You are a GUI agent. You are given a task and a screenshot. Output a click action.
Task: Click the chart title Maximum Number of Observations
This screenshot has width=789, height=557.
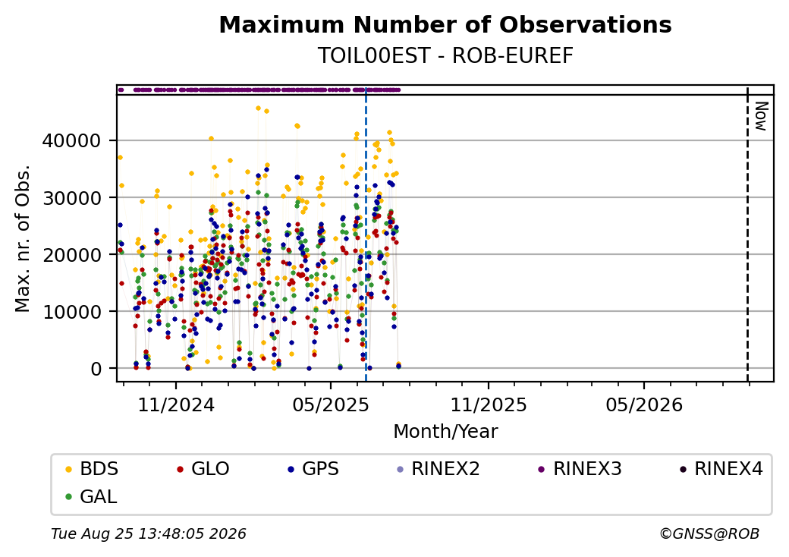pyautogui.click(x=445, y=24)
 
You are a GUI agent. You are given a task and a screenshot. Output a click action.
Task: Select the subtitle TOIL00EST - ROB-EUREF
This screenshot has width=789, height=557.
pyautogui.click(x=445, y=56)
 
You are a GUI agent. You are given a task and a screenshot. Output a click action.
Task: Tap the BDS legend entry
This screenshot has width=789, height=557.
pyautogui.click(x=93, y=469)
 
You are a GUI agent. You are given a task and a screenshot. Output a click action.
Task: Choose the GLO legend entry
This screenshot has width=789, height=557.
pyautogui.click(x=204, y=469)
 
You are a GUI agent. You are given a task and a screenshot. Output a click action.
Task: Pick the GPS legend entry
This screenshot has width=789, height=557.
pyautogui.click(x=314, y=469)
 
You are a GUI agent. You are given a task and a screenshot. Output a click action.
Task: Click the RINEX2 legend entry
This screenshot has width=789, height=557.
pyautogui.click(x=439, y=469)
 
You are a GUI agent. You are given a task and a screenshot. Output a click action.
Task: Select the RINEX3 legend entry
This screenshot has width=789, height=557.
pyautogui.click(x=580, y=469)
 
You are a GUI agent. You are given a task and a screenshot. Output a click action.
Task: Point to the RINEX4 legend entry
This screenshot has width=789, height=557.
pyautogui.click(x=721, y=469)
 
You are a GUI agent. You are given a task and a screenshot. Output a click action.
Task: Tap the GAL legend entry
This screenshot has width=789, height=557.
pyautogui.click(x=92, y=496)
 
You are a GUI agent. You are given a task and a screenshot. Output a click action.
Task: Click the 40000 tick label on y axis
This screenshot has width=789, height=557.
pyautogui.click(x=71, y=141)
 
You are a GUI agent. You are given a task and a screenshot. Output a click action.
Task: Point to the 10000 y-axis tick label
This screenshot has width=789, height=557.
pyautogui.click(x=71, y=312)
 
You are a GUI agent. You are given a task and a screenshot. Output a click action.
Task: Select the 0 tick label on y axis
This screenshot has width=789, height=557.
pyautogui.click(x=96, y=370)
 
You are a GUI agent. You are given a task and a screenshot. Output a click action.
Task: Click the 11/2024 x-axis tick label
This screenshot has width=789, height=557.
pyautogui.click(x=176, y=405)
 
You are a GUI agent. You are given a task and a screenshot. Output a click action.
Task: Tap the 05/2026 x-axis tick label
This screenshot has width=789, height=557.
pyautogui.click(x=644, y=405)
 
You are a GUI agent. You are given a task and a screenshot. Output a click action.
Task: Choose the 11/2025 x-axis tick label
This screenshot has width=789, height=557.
pyautogui.click(x=489, y=405)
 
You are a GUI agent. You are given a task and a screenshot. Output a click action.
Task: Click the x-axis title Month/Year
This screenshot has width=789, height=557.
pyautogui.click(x=445, y=432)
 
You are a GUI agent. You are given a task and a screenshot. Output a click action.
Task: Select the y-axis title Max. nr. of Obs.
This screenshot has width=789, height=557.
pyautogui.click(x=23, y=238)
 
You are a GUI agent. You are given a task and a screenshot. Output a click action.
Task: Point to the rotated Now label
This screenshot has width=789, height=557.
pyautogui.click(x=762, y=116)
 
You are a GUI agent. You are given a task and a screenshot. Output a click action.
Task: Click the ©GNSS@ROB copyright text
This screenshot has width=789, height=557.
pyautogui.click(x=709, y=533)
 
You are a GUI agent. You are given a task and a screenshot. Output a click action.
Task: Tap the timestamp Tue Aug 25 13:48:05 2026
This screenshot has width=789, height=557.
pyautogui.click(x=149, y=533)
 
